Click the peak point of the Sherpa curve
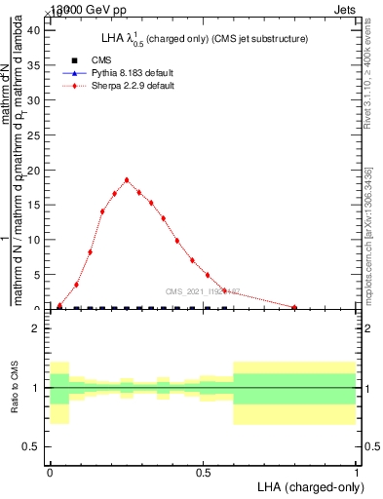[127, 179]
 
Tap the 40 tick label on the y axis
[32, 30]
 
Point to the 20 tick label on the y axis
[32, 171]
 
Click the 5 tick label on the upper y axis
[35, 275]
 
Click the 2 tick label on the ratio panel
[36, 329]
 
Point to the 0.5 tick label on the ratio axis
[31, 446]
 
